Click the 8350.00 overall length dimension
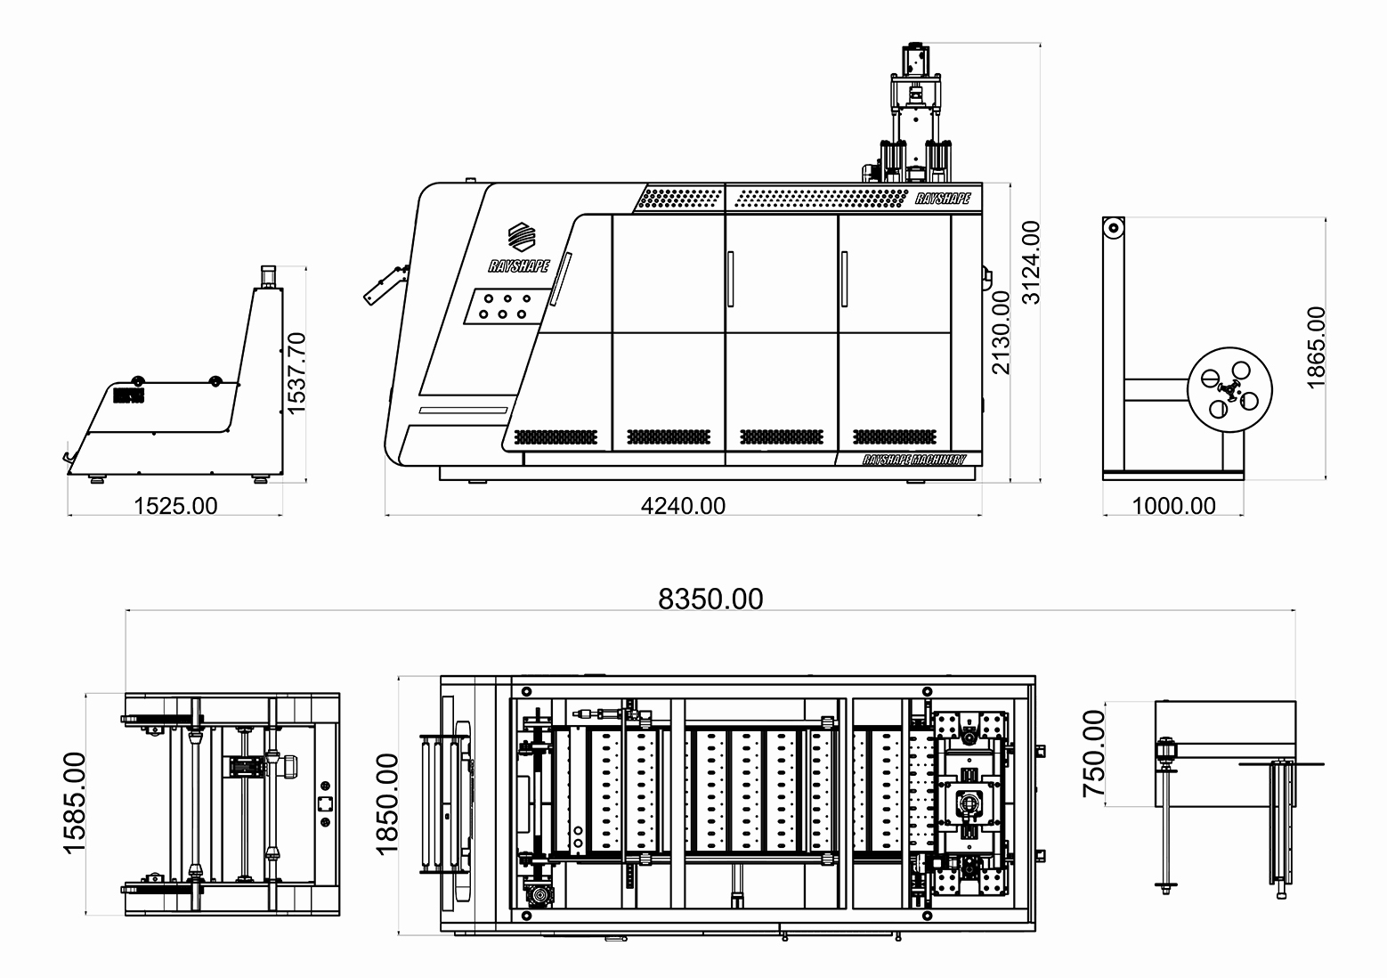point(710,599)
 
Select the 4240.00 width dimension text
point(683,506)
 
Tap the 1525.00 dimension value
point(176,506)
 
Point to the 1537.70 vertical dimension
point(296,373)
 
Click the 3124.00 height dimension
point(1031,263)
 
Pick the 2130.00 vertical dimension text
point(1002,332)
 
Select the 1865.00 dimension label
point(1316,348)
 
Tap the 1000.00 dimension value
point(1174,506)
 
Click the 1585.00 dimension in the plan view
point(74,803)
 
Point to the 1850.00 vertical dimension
point(387,804)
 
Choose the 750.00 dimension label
point(1094,754)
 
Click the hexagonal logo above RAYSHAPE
point(522,237)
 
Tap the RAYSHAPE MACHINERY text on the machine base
point(914,460)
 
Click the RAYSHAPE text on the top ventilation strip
point(943,199)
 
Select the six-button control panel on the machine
point(507,306)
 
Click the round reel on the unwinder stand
point(1229,389)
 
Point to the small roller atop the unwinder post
point(1114,227)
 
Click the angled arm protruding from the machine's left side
point(385,285)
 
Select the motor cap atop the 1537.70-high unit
point(268,276)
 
